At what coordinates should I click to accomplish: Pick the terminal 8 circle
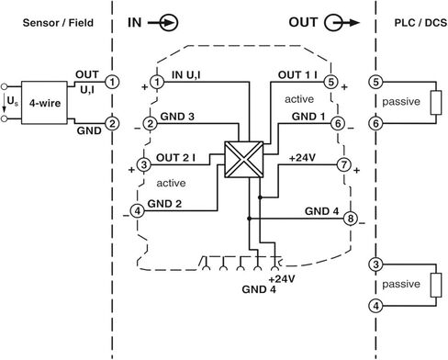pos(352,219)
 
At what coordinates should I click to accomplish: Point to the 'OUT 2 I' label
pos(179,158)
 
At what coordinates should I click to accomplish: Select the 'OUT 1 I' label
pos(298,73)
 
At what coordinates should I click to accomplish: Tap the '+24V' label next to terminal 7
pos(302,158)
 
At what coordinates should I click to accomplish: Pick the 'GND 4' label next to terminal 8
pos(324,211)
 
